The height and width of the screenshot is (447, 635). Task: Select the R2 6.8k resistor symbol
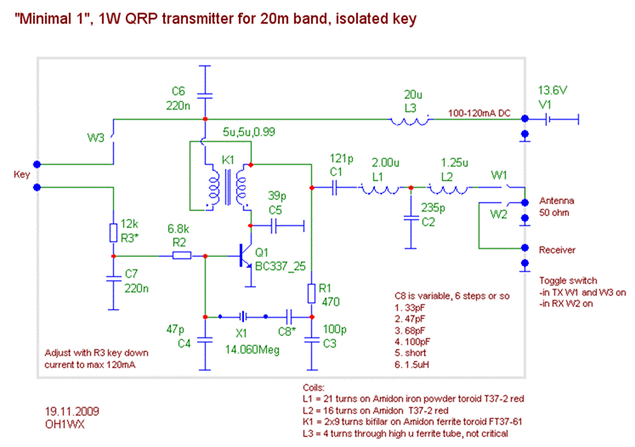pos(181,255)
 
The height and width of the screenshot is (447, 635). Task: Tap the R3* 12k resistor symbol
pos(113,232)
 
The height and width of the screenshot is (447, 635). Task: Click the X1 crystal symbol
pos(243,314)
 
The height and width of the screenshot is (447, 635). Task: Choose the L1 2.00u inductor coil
pos(381,188)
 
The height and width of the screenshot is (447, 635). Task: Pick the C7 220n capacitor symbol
pos(113,279)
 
